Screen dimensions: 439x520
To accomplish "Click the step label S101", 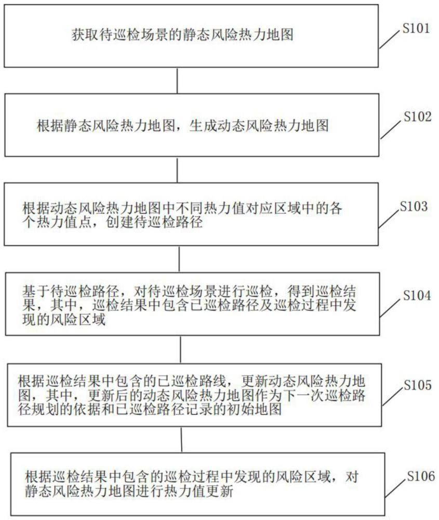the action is coord(416,29).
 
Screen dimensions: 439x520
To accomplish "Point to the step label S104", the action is coord(417,296).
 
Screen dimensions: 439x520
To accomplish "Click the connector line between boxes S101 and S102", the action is coord(178,81).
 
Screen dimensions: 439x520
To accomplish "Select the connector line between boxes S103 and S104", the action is coord(179,258).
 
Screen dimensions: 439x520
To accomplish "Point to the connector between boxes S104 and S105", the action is coord(180,349).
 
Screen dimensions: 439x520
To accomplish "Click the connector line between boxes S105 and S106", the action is coord(181,439).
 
